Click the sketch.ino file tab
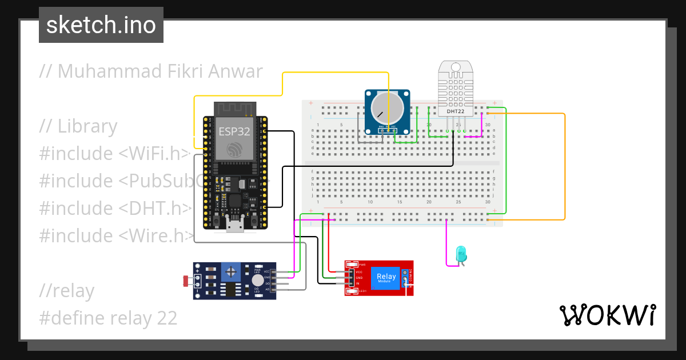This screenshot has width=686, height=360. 101,25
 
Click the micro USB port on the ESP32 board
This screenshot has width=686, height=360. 234,227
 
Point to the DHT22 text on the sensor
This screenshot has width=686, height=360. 456,111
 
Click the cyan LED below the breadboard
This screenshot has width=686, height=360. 460,254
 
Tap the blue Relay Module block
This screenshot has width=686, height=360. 386,278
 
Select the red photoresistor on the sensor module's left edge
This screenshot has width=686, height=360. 186,281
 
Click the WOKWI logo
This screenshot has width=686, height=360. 607,315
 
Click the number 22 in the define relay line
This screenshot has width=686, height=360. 166,318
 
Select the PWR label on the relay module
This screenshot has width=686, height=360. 362,265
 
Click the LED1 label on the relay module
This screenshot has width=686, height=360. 362,292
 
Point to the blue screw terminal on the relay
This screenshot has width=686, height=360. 405,278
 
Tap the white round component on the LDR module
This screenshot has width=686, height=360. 258,281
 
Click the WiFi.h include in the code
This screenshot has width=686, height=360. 153,154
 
